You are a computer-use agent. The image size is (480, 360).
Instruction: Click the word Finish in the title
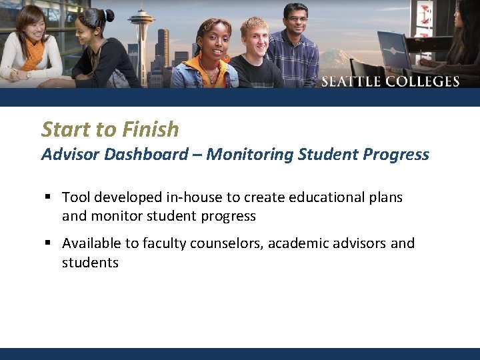pos(151,129)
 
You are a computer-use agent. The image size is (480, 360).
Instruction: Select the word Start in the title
pos(65,129)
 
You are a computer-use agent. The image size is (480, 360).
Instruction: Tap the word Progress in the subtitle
pos(397,155)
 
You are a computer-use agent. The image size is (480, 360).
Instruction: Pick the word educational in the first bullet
pos(323,197)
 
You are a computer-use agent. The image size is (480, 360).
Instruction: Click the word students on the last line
pos(90,263)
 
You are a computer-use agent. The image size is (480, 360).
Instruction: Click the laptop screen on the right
pos(393,48)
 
